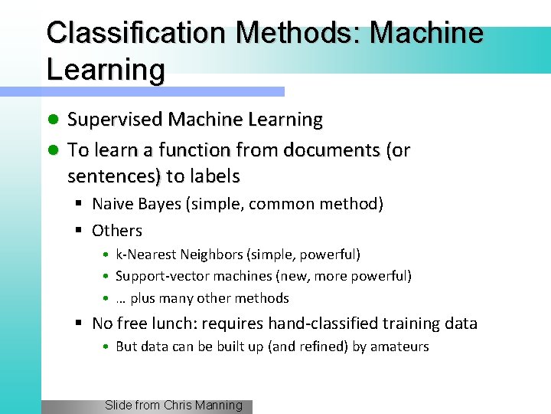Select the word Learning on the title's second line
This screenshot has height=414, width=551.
pyautogui.click(x=105, y=69)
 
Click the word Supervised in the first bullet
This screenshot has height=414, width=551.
pyautogui.click(x=116, y=120)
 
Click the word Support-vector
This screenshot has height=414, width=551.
pyautogui.click(x=158, y=276)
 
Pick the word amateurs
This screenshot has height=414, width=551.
pyautogui.click(x=399, y=347)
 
